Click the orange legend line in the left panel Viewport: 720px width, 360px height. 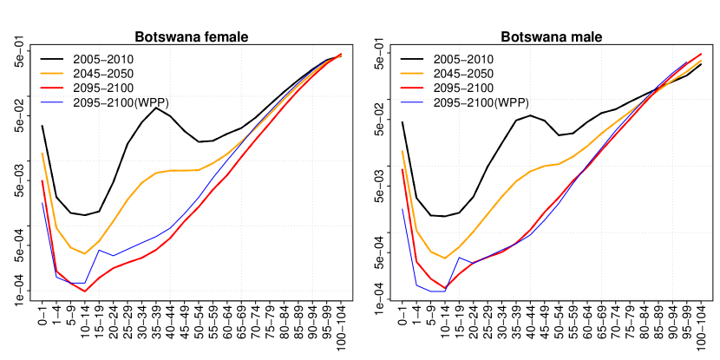click(52, 74)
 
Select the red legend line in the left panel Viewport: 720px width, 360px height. click(52, 88)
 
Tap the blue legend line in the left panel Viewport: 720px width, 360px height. click(52, 102)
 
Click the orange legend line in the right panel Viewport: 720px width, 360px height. click(412, 74)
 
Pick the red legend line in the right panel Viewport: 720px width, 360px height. click(412, 88)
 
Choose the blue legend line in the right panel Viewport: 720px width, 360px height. click(412, 102)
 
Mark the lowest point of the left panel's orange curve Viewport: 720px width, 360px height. click(84, 253)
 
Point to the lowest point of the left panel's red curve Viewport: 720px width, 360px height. click(85, 291)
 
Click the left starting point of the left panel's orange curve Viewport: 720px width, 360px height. click(42, 154)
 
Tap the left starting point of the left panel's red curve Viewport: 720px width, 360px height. click(42, 181)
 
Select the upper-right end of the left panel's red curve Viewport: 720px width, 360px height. click(341, 55)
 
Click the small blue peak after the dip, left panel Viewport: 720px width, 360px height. click(99, 250)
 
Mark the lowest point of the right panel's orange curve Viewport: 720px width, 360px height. click(445, 259)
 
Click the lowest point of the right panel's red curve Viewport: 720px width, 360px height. click(445, 288)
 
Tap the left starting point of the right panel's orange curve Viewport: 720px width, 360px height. click(402, 151)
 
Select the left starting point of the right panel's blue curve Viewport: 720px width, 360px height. click(402, 208)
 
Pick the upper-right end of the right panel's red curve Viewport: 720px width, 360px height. click(701, 54)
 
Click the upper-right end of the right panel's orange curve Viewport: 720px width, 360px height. click(701, 61)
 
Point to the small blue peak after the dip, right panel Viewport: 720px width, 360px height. click(459, 256)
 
